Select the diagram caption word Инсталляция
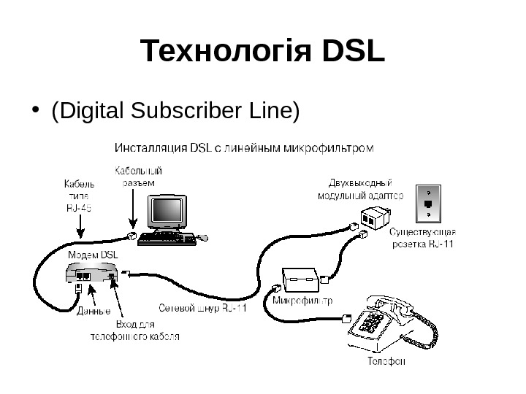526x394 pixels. [150, 149]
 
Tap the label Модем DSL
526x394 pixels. [93, 255]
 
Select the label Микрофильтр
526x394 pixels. [302, 300]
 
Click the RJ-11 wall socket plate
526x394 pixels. [428, 202]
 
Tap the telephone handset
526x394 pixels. [389, 305]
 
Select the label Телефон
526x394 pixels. [386, 360]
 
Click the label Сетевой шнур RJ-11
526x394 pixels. [203, 307]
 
